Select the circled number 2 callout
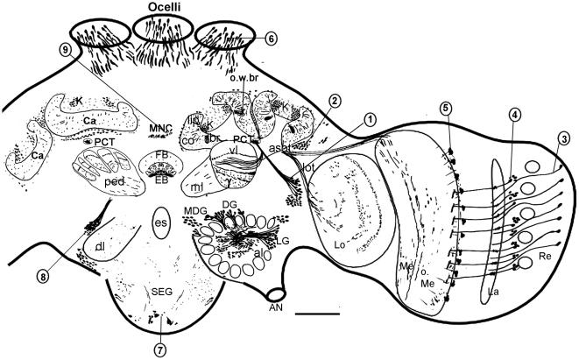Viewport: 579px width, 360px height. click(x=335, y=101)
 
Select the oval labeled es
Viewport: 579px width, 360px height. click(x=160, y=222)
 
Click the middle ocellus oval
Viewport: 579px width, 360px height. click(x=163, y=30)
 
